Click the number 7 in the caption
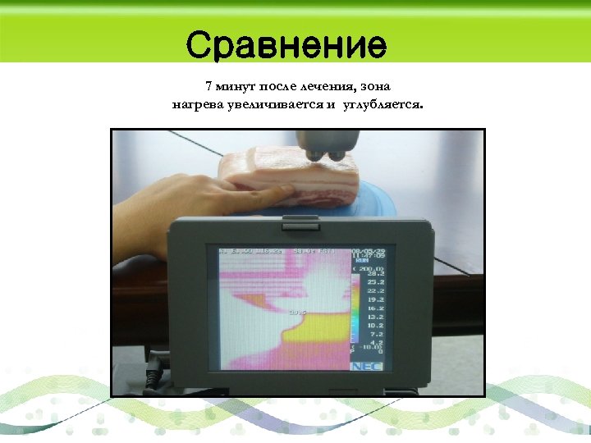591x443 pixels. (x=208, y=86)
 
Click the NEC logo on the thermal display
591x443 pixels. (x=363, y=367)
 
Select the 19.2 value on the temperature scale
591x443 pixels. (x=374, y=300)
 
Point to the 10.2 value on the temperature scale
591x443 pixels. (x=374, y=325)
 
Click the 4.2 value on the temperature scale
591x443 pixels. (x=376, y=343)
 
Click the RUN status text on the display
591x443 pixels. (x=362, y=261)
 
